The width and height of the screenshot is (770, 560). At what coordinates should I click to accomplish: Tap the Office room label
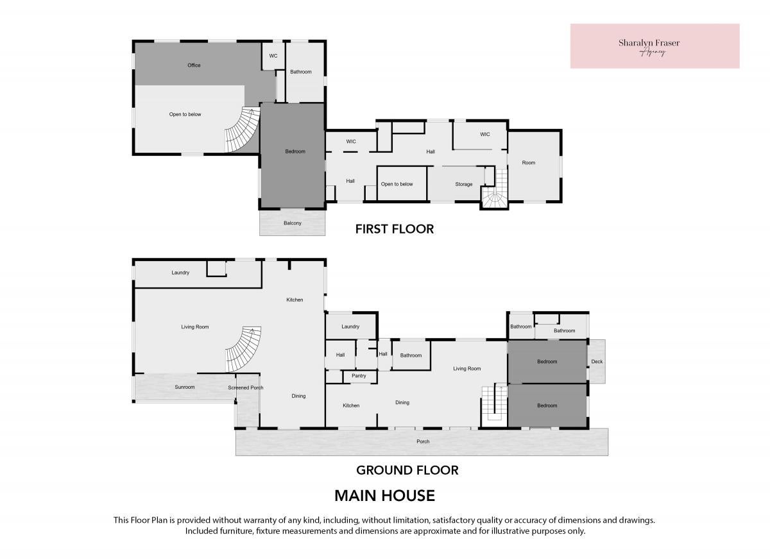(x=194, y=65)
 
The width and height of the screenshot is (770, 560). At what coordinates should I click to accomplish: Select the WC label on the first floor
(x=273, y=56)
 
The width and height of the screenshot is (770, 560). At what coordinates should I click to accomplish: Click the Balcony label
(x=293, y=223)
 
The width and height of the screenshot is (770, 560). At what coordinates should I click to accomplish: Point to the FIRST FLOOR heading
(x=395, y=229)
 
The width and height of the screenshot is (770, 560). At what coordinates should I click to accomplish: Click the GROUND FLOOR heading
(x=407, y=470)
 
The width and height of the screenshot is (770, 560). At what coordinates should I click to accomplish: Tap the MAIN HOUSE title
(x=384, y=496)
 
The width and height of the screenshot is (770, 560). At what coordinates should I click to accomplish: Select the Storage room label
(x=464, y=184)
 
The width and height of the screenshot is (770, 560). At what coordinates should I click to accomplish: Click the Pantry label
(x=359, y=376)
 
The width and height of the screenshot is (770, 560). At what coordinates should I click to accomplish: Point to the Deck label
(x=597, y=361)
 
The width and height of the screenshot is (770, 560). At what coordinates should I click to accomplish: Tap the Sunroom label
(x=185, y=387)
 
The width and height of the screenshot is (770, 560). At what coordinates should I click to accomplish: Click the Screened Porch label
(x=246, y=387)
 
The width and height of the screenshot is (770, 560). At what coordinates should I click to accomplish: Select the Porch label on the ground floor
(x=423, y=441)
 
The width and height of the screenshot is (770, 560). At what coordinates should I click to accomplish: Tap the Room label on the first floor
(x=528, y=163)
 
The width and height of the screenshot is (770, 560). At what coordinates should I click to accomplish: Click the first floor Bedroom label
(x=295, y=151)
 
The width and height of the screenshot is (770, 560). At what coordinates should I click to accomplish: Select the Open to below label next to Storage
(x=397, y=184)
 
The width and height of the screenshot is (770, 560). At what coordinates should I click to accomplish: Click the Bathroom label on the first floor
(x=301, y=72)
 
